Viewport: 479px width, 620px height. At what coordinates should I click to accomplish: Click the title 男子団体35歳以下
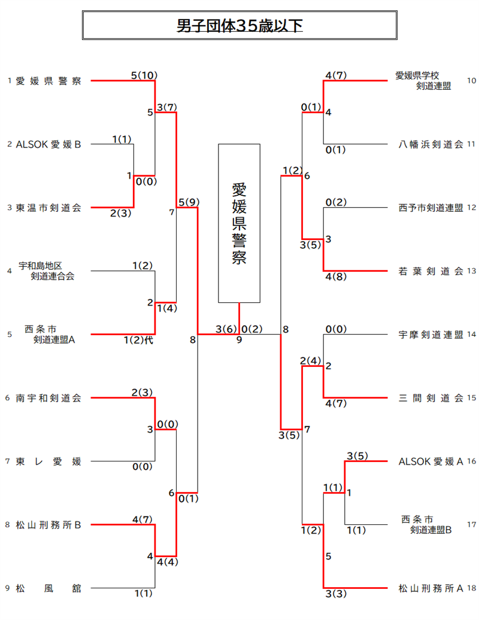[x=239, y=26]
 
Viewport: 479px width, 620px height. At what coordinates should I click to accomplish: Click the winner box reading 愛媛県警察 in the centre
[x=239, y=223]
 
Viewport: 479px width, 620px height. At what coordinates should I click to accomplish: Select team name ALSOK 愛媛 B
[x=48, y=144]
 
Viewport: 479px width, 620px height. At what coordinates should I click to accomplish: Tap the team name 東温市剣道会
[x=48, y=208]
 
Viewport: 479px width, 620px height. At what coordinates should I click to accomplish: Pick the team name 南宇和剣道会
[x=48, y=398]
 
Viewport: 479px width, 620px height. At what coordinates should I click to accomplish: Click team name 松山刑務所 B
[x=48, y=525]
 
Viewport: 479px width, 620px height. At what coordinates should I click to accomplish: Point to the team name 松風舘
[x=48, y=588]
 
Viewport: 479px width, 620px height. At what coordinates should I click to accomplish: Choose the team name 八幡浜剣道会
[x=431, y=144]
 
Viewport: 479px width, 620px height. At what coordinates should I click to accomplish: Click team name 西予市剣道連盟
[x=431, y=208]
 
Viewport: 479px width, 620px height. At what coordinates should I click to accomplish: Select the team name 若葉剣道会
[x=431, y=271]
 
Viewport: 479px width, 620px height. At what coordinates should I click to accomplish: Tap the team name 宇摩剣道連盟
[x=431, y=335]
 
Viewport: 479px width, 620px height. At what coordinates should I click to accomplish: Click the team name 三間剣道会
[x=431, y=398]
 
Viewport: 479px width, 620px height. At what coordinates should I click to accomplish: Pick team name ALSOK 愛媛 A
[x=431, y=461]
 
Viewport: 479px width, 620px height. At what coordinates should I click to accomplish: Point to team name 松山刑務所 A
[x=431, y=588]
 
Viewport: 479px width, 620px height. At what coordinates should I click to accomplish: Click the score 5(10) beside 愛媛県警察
[x=144, y=75]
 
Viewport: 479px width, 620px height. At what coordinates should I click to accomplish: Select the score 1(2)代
[x=138, y=340]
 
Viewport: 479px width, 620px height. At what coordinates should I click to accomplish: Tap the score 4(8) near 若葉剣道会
[x=336, y=276]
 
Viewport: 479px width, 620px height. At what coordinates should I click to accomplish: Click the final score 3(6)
[x=226, y=329]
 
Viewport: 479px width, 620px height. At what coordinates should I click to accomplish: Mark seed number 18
[x=471, y=588]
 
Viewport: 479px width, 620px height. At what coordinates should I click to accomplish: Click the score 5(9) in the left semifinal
[x=189, y=202]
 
